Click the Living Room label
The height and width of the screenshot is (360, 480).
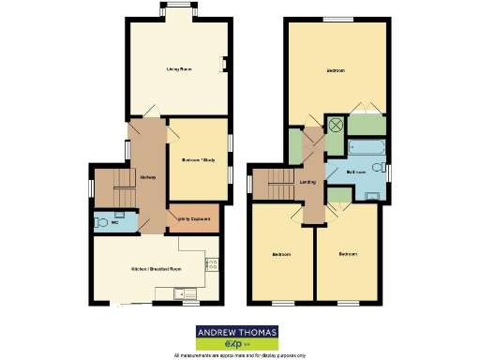179,69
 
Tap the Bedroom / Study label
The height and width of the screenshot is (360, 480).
198,160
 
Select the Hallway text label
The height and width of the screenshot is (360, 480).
148,177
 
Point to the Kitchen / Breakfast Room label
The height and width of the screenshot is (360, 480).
156,268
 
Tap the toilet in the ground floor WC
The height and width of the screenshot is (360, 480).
100,223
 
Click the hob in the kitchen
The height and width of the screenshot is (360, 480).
212,265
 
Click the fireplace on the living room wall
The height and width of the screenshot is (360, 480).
224,65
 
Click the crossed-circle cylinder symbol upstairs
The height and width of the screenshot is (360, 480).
336,125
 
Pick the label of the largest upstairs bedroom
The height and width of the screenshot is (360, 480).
336,70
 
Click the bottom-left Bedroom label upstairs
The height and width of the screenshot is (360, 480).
282,254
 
